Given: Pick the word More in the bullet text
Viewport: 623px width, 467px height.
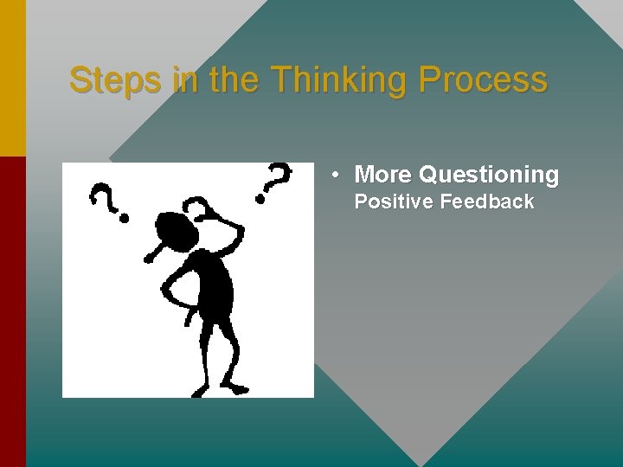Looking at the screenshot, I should coord(383,175).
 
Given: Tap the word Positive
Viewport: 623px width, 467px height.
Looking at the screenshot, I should coord(394,202).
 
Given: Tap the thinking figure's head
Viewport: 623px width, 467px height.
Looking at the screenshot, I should coord(175,230).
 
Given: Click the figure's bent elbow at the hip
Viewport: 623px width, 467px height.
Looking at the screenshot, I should coord(166,290).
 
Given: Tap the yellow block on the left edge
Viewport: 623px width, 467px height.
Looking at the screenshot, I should coord(12,78).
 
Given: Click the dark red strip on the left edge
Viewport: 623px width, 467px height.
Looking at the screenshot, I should coord(12,311).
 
